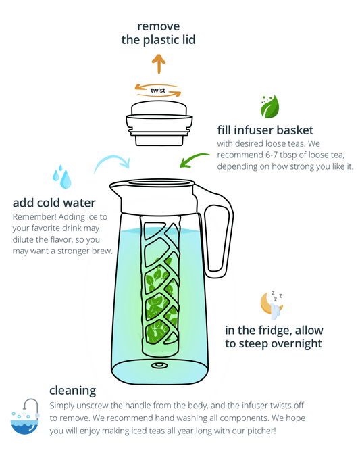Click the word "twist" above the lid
point(157,90)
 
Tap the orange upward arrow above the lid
point(159,64)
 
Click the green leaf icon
point(269,106)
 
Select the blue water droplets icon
point(61,177)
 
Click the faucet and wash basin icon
point(25,416)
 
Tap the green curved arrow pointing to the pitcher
point(194,160)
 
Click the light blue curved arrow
point(111,162)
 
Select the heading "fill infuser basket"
point(265,130)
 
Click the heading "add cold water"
point(54,203)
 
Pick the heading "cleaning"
point(72,391)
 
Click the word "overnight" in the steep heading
point(297,344)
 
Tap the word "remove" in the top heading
point(159,26)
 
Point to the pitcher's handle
point(217,231)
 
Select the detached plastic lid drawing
point(159,124)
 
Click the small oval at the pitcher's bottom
point(159,366)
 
